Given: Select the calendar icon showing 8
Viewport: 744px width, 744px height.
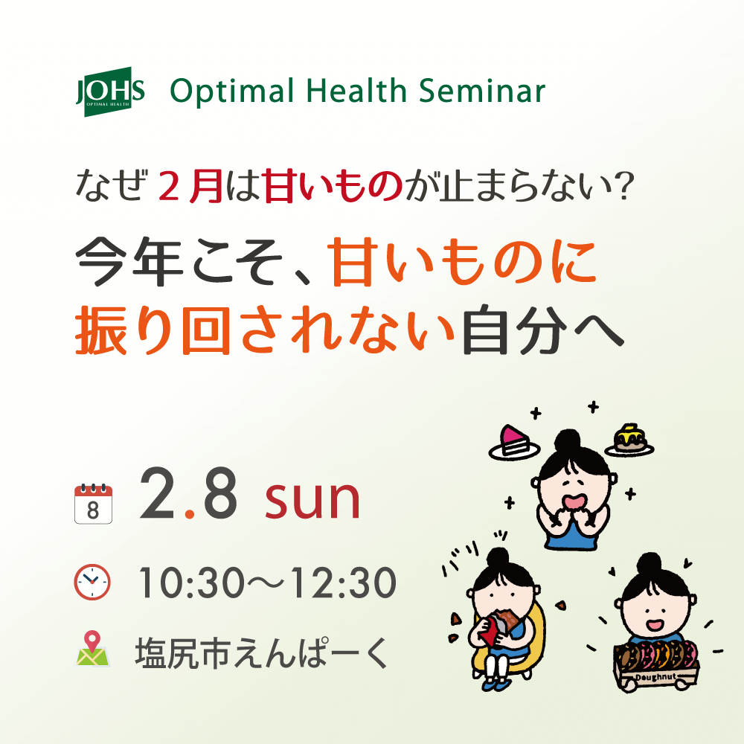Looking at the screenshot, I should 93,504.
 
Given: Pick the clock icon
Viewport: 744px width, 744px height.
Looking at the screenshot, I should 92,582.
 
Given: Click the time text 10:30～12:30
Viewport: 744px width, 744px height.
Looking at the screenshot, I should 266,583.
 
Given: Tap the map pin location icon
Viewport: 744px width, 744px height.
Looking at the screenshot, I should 92,648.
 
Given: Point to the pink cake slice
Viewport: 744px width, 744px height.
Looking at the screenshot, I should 512,439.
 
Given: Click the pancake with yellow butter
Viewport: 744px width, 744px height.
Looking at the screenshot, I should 629,439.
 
